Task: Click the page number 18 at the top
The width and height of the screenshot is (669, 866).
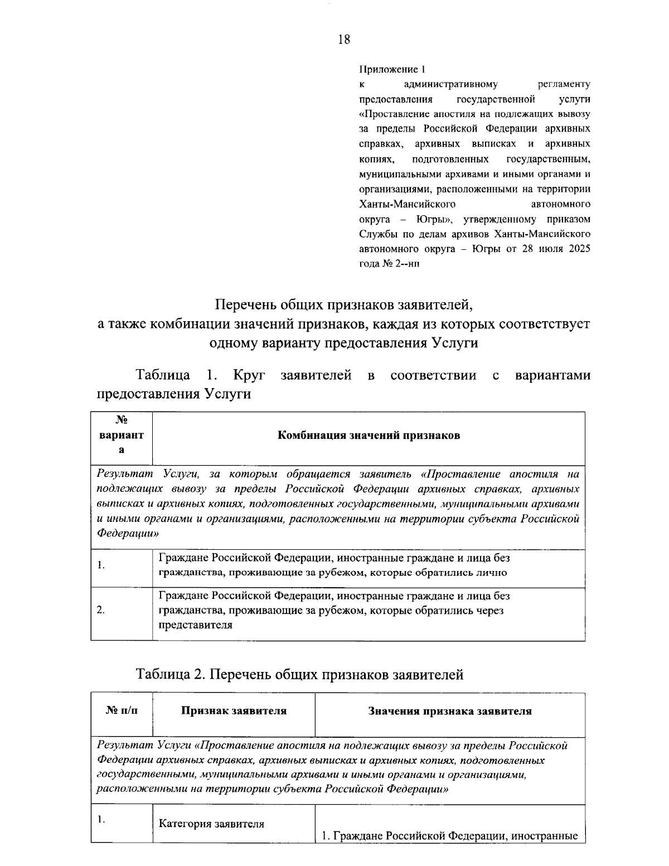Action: point(344,39)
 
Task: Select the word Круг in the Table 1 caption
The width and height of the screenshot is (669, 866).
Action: point(249,375)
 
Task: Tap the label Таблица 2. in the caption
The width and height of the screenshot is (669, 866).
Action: point(171,675)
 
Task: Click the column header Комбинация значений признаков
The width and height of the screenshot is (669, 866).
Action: point(369,436)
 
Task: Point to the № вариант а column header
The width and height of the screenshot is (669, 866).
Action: point(122,436)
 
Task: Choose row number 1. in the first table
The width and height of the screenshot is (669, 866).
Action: point(101,565)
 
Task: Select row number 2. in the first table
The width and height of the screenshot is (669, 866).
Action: point(101,610)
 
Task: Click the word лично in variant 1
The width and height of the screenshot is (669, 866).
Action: point(492,573)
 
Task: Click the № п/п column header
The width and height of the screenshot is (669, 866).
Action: point(122,711)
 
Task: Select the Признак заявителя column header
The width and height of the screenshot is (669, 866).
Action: point(234,711)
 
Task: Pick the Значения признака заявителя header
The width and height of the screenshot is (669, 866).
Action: point(449,712)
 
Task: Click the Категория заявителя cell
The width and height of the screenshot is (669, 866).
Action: point(211,824)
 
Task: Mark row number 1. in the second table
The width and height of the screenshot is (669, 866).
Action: point(101,819)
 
